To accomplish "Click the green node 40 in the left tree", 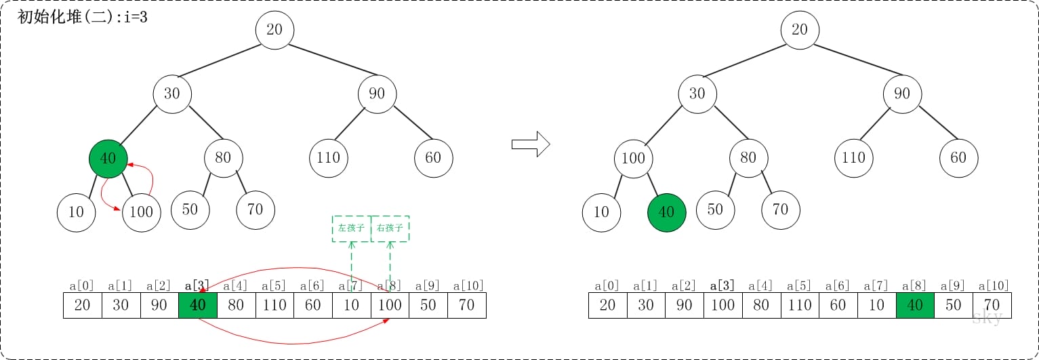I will point(108,159).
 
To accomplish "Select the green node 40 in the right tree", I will point(667,212).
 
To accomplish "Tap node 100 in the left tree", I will point(141,212).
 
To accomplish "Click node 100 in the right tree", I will point(633,159).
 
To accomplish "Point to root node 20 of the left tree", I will point(274,30).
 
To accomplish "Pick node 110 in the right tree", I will point(853,158).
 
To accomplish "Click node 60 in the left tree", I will point(434,158).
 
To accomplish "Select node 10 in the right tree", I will point(601,212).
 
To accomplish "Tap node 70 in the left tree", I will point(256,209).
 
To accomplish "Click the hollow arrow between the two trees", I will point(529,144).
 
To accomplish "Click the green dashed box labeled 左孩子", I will point(351,228).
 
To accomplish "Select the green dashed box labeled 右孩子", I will point(390,228).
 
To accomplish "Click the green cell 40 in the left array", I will point(198,305).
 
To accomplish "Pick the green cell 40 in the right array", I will point(915,305).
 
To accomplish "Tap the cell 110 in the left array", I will point(274,305).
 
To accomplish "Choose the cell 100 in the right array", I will point(722,305).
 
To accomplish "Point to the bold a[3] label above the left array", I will point(198,285).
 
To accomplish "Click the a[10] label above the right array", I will point(992,285).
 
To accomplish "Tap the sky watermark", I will point(987,317).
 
